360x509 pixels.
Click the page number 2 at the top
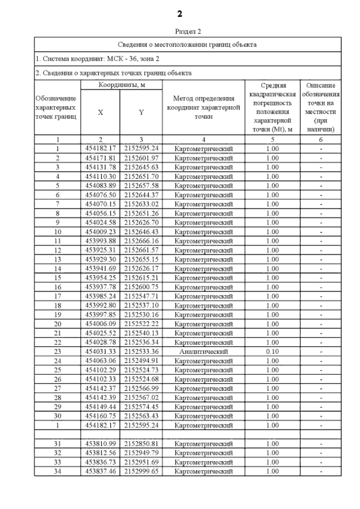[x=179, y=14]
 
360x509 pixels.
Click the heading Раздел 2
[x=188, y=31]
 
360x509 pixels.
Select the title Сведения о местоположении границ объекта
[x=187, y=45]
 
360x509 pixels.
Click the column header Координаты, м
[x=121, y=85]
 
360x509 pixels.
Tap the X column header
[x=100, y=112]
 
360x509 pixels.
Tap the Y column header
[x=141, y=112]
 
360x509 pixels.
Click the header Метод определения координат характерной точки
[x=203, y=107]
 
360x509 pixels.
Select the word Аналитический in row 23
[x=203, y=352]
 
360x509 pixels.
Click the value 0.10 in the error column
[x=272, y=352]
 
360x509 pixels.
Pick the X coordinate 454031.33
[x=100, y=352]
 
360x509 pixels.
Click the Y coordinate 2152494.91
[x=141, y=361]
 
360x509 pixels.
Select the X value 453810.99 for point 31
[x=100, y=444]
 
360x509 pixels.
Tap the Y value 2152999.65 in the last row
[x=141, y=471]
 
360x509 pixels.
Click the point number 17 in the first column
[x=57, y=296]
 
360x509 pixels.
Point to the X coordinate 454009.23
[x=100, y=232]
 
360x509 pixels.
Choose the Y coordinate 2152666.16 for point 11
[x=141, y=241]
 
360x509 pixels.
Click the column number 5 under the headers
[x=272, y=139]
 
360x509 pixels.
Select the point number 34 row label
[x=57, y=471]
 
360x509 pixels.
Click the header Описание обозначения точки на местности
[x=321, y=107]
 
